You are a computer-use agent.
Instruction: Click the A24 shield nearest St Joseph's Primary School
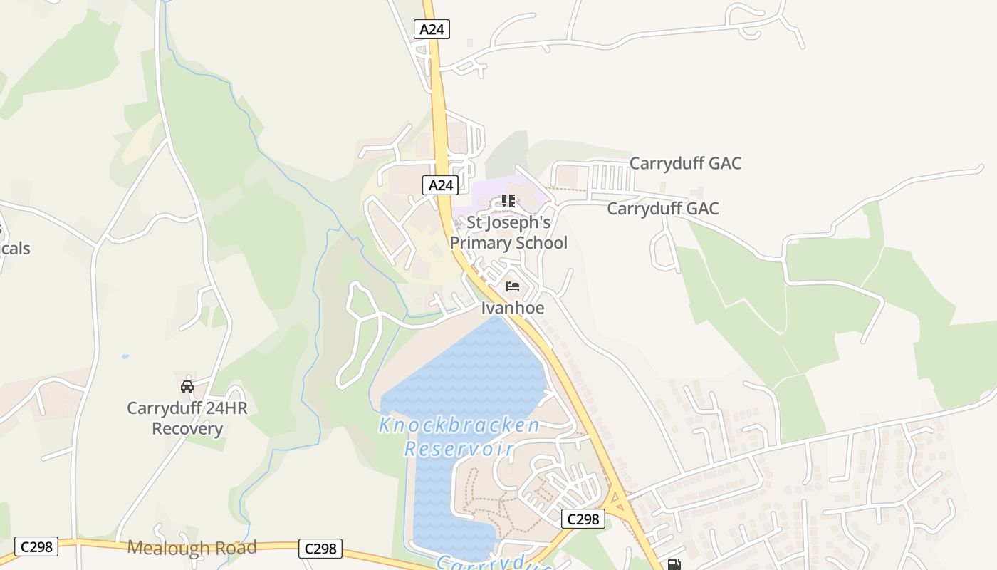pos(440,185)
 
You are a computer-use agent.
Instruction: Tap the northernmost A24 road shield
pos(432,29)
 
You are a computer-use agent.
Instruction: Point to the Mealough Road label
pos(192,547)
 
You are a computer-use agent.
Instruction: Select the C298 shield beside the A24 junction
pos(583,519)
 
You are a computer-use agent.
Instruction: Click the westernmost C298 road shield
pos(36,546)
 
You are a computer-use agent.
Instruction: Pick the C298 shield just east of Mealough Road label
pos(320,549)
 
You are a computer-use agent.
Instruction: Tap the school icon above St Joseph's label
pos(508,201)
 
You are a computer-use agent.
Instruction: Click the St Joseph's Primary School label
pos(508,233)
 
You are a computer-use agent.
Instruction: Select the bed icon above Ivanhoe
pos(512,287)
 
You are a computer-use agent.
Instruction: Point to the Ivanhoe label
pos(513,308)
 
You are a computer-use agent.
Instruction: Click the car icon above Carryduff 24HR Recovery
pos(187,387)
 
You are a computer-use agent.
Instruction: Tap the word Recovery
pos(187,429)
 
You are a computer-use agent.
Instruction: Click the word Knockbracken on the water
pos(459,426)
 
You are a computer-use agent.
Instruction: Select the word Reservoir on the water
pos(459,449)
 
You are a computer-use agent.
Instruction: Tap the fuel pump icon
pos(673,564)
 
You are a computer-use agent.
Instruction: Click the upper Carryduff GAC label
pos(685,163)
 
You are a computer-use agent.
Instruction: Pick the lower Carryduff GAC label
pos(662,209)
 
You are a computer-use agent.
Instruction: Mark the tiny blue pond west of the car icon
pos(125,356)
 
